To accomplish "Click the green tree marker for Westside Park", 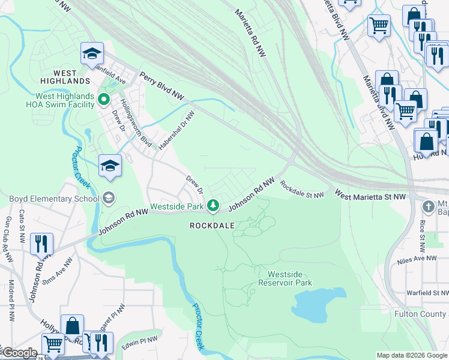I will (x=212, y=206).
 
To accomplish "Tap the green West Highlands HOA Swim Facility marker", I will (x=104, y=99).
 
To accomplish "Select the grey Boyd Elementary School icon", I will (x=109, y=197).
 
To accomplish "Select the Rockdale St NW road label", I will (x=302, y=191).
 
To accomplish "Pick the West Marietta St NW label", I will (x=370, y=196).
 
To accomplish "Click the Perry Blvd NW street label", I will (x=162, y=86).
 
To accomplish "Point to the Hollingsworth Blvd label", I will (x=136, y=124).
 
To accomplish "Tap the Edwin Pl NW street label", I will (x=140, y=341).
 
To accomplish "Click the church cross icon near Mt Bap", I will (x=428, y=206).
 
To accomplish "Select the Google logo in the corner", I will (x=19, y=353).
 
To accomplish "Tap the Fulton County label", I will (x=421, y=314).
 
